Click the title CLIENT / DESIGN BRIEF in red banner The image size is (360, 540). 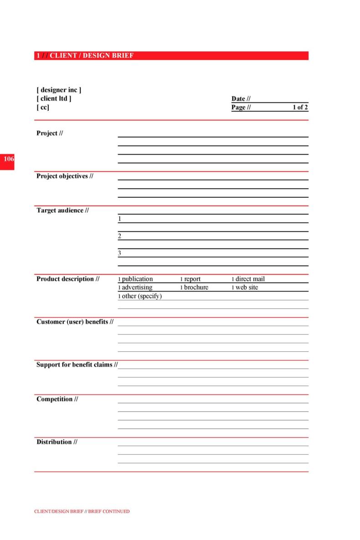pyautogui.click(x=92, y=56)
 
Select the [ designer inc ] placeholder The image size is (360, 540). pyautogui.click(x=59, y=90)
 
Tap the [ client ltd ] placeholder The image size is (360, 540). pyautogui.click(x=54, y=98)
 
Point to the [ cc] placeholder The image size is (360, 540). pyautogui.click(x=43, y=107)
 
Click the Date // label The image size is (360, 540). pyautogui.click(x=241, y=99)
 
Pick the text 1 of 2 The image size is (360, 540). pyautogui.click(x=300, y=108)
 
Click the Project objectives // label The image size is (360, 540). pyautogui.click(x=65, y=176)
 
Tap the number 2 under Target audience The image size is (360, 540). pyautogui.click(x=119, y=236)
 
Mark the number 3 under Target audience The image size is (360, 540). pyautogui.click(x=119, y=253)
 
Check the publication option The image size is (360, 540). pyautogui.click(x=137, y=279)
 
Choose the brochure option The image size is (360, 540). pyautogui.click(x=195, y=288)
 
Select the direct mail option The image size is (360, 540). pyautogui.click(x=249, y=279)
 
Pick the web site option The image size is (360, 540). pyautogui.click(x=246, y=288)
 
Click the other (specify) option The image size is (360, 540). pyautogui.click(x=141, y=296)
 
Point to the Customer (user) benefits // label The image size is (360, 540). pyautogui.click(x=75, y=322)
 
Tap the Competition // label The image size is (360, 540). pyautogui.click(x=57, y=399)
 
